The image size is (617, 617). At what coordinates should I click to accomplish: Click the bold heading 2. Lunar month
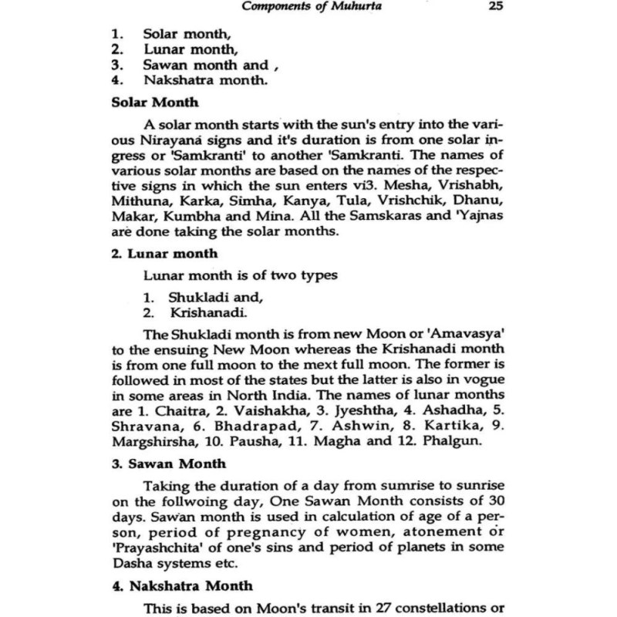(x=158, y=252)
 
